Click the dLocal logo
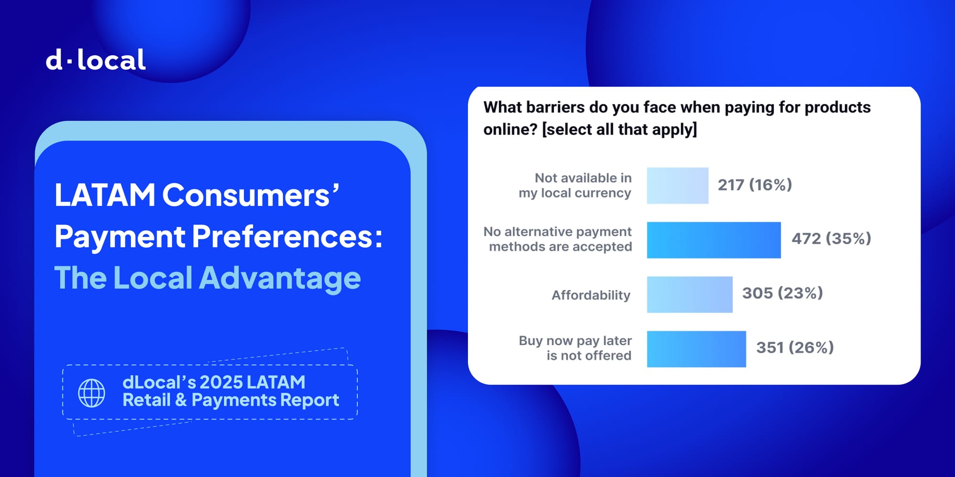[95, 60]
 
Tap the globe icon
[92, 393]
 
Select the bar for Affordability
[690, 295]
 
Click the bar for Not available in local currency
[678, 186]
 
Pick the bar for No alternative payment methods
[714, 240]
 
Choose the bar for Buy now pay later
[696, 349]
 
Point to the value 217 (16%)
[755, 185]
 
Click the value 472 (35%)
[831, 238]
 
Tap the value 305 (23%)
[783, 293]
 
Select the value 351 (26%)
[795, 347]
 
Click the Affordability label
[591, 295]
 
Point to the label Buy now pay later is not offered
[575, 348]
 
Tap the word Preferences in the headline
[287, 236]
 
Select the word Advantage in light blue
[280, 278]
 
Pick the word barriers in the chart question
[555, 107]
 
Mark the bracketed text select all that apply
[619, 129]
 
